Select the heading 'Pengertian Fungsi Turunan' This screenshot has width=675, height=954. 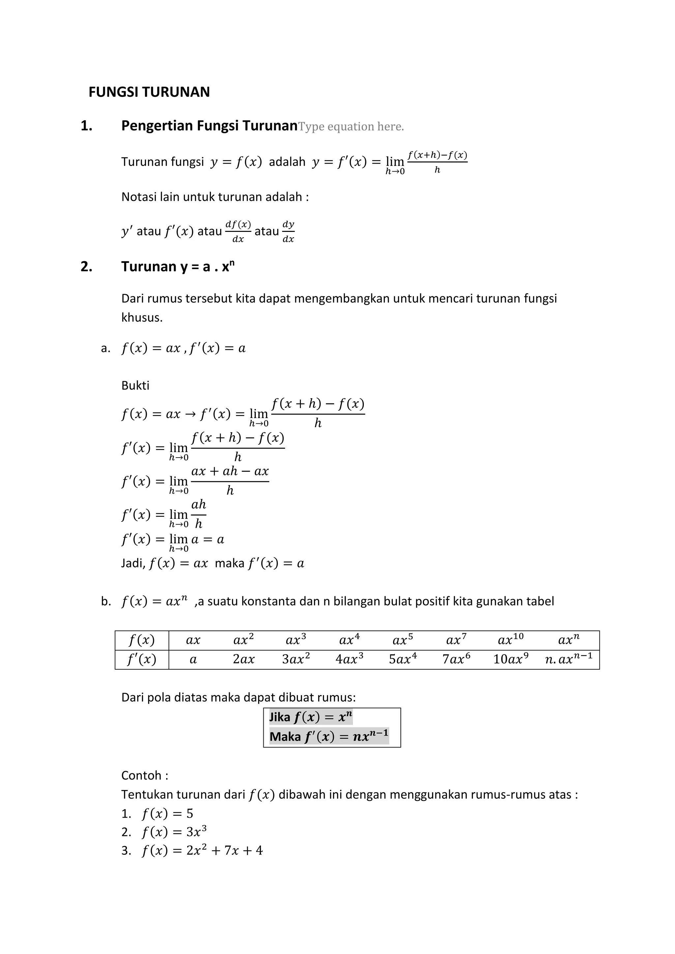[x=209, y=126]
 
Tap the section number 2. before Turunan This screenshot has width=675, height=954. [x=86, y=267]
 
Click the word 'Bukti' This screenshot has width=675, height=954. [x=135, y=386]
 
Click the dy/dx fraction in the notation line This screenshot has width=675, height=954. [x=288, y=232]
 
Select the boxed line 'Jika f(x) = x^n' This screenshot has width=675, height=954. [x=310, y=717]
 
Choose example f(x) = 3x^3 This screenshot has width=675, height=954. [x=174, y=832]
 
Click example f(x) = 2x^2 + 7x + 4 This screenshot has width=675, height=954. [x=202, y=851]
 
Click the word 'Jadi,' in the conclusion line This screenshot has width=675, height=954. [x=133, y=563]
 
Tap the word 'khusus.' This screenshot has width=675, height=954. [x=142, y=318]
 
